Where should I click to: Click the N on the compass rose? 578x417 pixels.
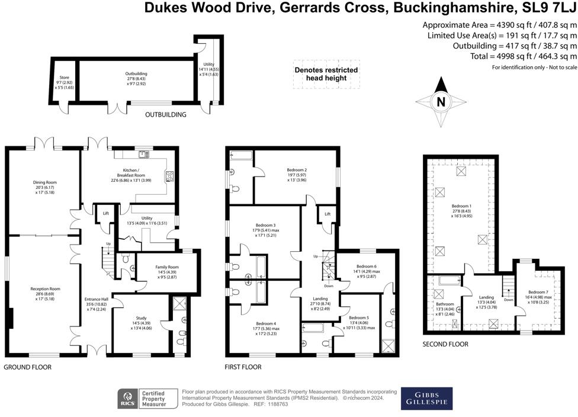(x=441, y=101)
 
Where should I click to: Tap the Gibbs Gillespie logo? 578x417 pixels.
(x=426, y=399)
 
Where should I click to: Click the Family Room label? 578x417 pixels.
(x=167, y=267)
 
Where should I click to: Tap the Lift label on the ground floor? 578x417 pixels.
(x=106, y=213)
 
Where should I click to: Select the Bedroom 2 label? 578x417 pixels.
(x=297, y=170)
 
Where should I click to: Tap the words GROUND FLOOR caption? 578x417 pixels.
(x=28, y=367)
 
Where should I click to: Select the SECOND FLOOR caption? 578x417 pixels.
(x=445, y=344)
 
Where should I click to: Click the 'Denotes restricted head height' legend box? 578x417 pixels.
(x=326, y=73)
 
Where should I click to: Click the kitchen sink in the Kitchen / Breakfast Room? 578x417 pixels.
(x=143, y=155)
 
